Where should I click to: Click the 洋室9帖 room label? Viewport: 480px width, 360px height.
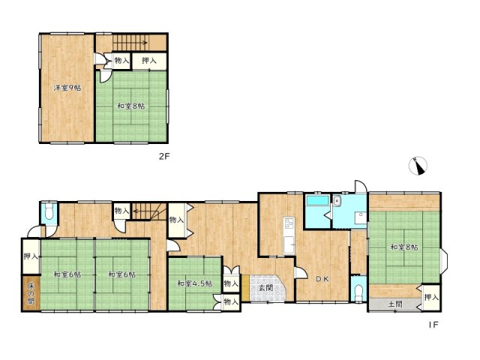click(x=67, y=88)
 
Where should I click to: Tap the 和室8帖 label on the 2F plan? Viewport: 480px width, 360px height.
click(x=131, y=106)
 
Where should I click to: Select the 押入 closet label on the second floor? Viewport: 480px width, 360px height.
click(x=149, y=61)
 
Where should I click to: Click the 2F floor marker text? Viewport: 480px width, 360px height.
click(x=164, y=157)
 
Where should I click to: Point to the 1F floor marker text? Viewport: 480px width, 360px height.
click(x=433, y=325)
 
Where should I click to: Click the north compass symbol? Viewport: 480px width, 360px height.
click(x=418, y=166)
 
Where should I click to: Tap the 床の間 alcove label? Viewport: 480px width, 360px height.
click(x=31, y=293)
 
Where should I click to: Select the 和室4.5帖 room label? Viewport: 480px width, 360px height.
click(x=195, y=283)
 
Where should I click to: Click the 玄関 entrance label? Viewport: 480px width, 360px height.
click(x=265, y=288)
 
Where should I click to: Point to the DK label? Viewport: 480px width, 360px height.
click(x=322, y=279)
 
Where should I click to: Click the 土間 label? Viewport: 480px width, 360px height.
click(x=395, y=304)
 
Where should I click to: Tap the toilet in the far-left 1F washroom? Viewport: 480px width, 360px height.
click(x=49, y=211)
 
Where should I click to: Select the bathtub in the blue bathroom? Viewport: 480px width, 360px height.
click(x=318, y=200)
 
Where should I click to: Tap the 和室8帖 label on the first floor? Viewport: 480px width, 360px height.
click(x=404, y=247)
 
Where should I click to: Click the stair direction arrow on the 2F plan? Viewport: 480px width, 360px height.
click(x=130, y=43)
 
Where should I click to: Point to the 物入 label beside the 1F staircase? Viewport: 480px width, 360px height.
click(x=121, y=211)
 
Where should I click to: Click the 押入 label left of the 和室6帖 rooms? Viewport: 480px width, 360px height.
click(x=31, y=256)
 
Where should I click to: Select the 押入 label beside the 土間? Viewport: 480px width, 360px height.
click(x=432, y=297)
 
